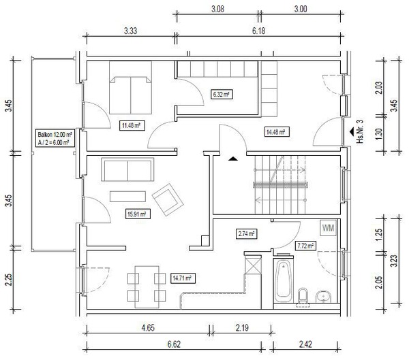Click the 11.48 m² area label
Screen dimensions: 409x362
[x=132, y=125]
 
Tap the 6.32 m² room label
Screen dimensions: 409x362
[x=222, y=94]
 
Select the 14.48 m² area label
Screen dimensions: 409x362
[x=277, y=132]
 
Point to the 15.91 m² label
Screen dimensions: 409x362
[x=138, y=214]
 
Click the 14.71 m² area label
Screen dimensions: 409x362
[x=183, y=278]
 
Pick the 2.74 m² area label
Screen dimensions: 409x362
[x=247, y=233]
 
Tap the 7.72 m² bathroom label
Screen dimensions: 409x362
[x=305, y=246]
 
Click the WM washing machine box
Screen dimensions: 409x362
[x=329, y=228]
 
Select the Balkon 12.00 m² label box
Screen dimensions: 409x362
[x=55, y=138]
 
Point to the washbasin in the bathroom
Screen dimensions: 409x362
[x=323, y=297]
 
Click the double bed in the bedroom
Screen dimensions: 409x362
[x=130, y=88]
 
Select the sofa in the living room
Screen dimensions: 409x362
[x=127, y=169]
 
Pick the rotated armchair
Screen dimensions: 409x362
[x=168, y=199]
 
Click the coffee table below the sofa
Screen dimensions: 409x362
[x=127, y=197]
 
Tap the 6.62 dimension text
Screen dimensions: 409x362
[x=174, y=344]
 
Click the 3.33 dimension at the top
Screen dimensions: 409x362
[x=130, y=31]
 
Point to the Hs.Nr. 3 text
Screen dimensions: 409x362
[x=360, y=131]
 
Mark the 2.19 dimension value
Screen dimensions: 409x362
[x=242, y=327]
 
